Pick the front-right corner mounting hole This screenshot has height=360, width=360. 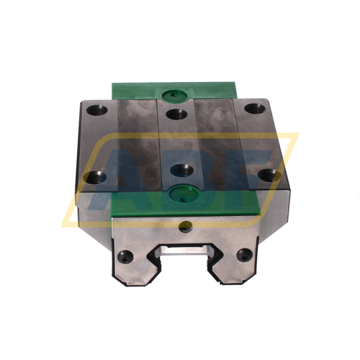pos(267,174)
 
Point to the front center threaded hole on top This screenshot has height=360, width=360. pos(178,170)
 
